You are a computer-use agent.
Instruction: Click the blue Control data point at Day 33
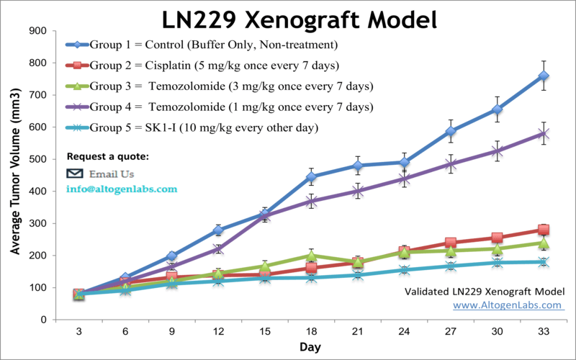[544, 76]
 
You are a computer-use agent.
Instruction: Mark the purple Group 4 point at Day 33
[544, 133]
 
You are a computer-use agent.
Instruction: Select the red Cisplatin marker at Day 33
[544, 230]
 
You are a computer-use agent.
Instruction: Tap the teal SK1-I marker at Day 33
[544, 262]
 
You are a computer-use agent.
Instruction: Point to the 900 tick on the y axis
[38, 31]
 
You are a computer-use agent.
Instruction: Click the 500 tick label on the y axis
[38, 159]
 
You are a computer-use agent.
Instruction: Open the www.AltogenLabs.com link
[508, 305]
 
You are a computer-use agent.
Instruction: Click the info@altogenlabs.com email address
[121, 189]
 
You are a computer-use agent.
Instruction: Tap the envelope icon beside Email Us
[75, 174]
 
